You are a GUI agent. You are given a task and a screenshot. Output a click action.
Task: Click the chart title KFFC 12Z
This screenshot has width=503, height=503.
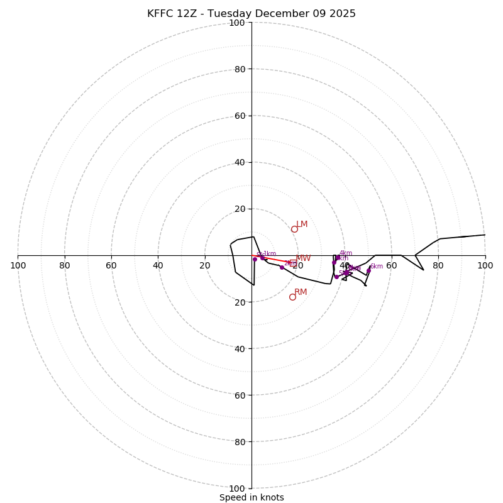tap(251, 14)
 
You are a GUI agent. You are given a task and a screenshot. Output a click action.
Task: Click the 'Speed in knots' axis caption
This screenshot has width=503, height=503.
tap(251, 497)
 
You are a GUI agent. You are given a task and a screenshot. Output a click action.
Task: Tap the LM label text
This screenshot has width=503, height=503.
tap(302, 224)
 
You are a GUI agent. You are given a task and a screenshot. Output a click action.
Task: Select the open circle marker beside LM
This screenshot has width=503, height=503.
tap(294, 229)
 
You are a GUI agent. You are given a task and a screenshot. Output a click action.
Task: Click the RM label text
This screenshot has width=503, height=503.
tap(301, 292)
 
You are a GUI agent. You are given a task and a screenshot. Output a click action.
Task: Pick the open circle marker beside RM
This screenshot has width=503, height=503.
tap(292, 297)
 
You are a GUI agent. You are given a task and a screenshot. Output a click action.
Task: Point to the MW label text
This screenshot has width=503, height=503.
tap(303, 258)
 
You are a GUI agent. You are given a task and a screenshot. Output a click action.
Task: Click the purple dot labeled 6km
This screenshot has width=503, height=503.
tap(368, 271)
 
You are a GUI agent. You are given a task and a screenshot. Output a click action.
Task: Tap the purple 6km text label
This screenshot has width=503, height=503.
tap(376, 267)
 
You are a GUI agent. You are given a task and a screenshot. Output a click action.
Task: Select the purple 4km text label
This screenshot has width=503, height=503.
tap(345, 253)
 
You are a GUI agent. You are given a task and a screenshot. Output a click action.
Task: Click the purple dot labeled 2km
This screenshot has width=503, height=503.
tap(282, 267)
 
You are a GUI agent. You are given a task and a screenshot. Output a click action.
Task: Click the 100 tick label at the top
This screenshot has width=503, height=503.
tap(237, 23)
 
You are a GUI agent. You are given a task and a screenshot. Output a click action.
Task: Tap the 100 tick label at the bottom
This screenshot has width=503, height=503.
tap(237, 489)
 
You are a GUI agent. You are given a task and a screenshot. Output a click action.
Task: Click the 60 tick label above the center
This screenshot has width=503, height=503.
tap(239, 116)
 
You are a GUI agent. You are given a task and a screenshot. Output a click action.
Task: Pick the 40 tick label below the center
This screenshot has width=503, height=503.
tap(239, 348)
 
